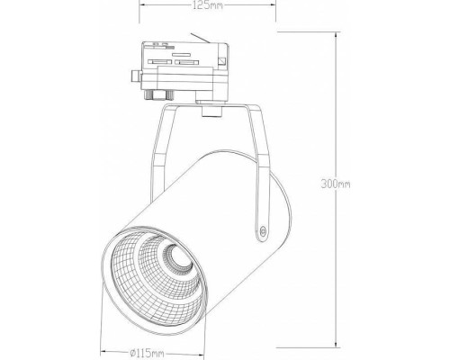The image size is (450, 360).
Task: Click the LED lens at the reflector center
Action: tap(179, 265)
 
